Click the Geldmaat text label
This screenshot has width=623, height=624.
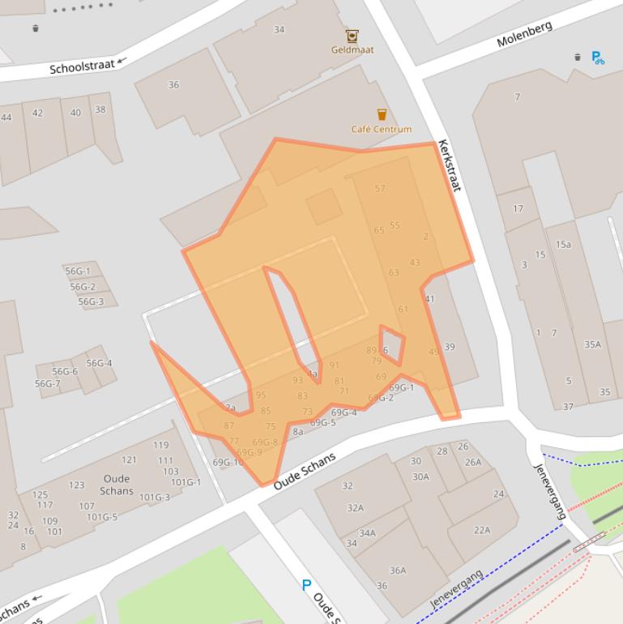pos(352,49)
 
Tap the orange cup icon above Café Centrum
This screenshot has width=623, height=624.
pos(382,114)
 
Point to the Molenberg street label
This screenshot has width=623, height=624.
pos(524,34)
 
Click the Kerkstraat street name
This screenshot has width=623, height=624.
pos(449,165)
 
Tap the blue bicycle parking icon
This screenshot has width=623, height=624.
pos(598,58)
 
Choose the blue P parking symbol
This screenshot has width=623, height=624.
pos(306,584)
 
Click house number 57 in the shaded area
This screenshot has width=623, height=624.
pos(380,189)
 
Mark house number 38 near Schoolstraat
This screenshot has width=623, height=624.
pos(100,110)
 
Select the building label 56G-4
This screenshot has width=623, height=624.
pos(99,363)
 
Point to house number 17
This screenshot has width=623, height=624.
pos(518,209)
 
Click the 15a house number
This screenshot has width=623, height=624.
pos(563,245)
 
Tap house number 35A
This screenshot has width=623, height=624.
pos(593,344)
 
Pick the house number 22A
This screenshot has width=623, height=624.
pos(482,530)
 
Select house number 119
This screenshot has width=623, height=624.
pos(160,445)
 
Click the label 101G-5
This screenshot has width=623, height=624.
pos(102,517)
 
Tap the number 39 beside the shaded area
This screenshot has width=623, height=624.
pos(449,347)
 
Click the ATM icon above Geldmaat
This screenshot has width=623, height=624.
pos(352,36)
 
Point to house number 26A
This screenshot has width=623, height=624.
pos(472,463)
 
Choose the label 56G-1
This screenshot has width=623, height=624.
pos(78,271)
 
